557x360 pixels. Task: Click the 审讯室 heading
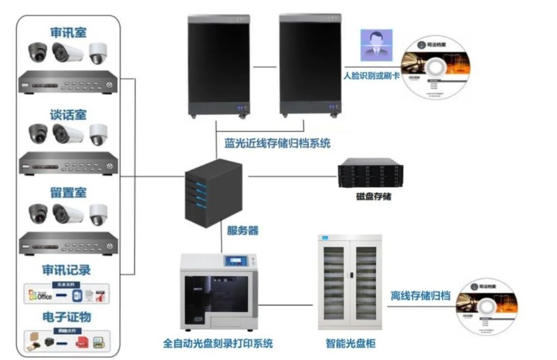click(68, 32)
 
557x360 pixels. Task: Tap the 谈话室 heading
click(68, 114)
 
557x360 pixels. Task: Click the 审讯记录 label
click(68, 270)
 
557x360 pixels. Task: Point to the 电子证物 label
click(68, 317)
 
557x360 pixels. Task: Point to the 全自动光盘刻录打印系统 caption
click(217, 343)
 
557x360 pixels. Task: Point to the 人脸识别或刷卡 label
click(371, 74)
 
